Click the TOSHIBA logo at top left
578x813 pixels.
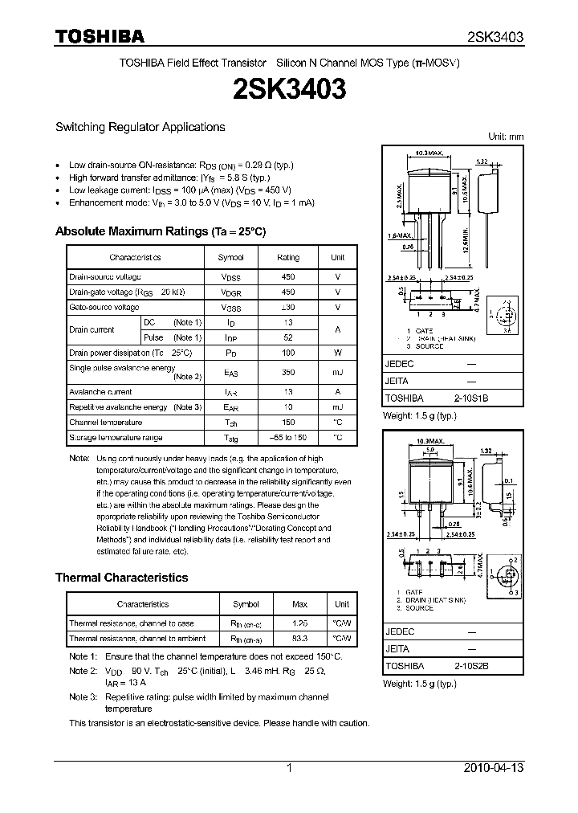100,36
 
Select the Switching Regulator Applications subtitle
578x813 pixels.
140,127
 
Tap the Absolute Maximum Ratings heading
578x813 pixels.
160,231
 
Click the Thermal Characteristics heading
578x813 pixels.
121,578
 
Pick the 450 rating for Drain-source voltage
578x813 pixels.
288,276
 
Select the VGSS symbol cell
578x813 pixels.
231,308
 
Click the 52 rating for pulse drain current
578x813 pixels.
288,338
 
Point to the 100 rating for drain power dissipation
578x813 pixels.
288,353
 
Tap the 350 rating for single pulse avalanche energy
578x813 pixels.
288,373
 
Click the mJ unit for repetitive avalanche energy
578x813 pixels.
337,407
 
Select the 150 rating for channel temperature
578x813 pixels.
288,423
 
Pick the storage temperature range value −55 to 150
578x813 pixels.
288,438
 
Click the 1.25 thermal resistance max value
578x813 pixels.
300,623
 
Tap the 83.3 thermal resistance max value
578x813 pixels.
300,639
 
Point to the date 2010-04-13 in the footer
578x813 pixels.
494,769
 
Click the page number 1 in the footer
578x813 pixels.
289,769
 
